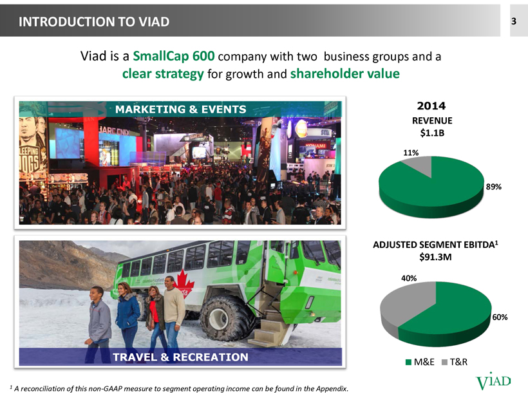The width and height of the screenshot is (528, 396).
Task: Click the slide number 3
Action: click(x=514, y=21)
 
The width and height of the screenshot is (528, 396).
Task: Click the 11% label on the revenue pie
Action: click(x=411, y=153)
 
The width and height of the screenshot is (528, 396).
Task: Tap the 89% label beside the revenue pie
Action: click(x=493, y=187)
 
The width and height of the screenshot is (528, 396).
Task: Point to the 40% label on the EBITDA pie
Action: click(x=408, y=278)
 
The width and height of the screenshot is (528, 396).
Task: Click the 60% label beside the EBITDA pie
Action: click(x=500, y=317)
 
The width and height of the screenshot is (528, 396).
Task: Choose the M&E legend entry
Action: click(x=420, y=362)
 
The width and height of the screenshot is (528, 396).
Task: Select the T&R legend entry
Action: click(x=454, y=362)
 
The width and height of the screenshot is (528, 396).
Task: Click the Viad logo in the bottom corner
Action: click(x=493, y=381)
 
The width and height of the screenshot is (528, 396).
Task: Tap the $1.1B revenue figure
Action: click(x=432, y=133)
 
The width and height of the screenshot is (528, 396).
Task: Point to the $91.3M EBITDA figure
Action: click(x=435, y=258)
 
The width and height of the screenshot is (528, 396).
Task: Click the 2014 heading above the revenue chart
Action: click(x=431, y=106)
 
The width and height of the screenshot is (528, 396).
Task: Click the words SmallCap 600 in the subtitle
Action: click(x=174, y=56)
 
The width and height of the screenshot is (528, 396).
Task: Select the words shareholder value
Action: click(x=345, y=73)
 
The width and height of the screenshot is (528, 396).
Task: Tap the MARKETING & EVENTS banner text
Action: click(x=181, y=109)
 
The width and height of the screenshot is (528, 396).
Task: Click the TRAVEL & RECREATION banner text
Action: click(x=180, y=357)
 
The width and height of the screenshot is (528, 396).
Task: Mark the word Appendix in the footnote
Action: click(x=333, y=388)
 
